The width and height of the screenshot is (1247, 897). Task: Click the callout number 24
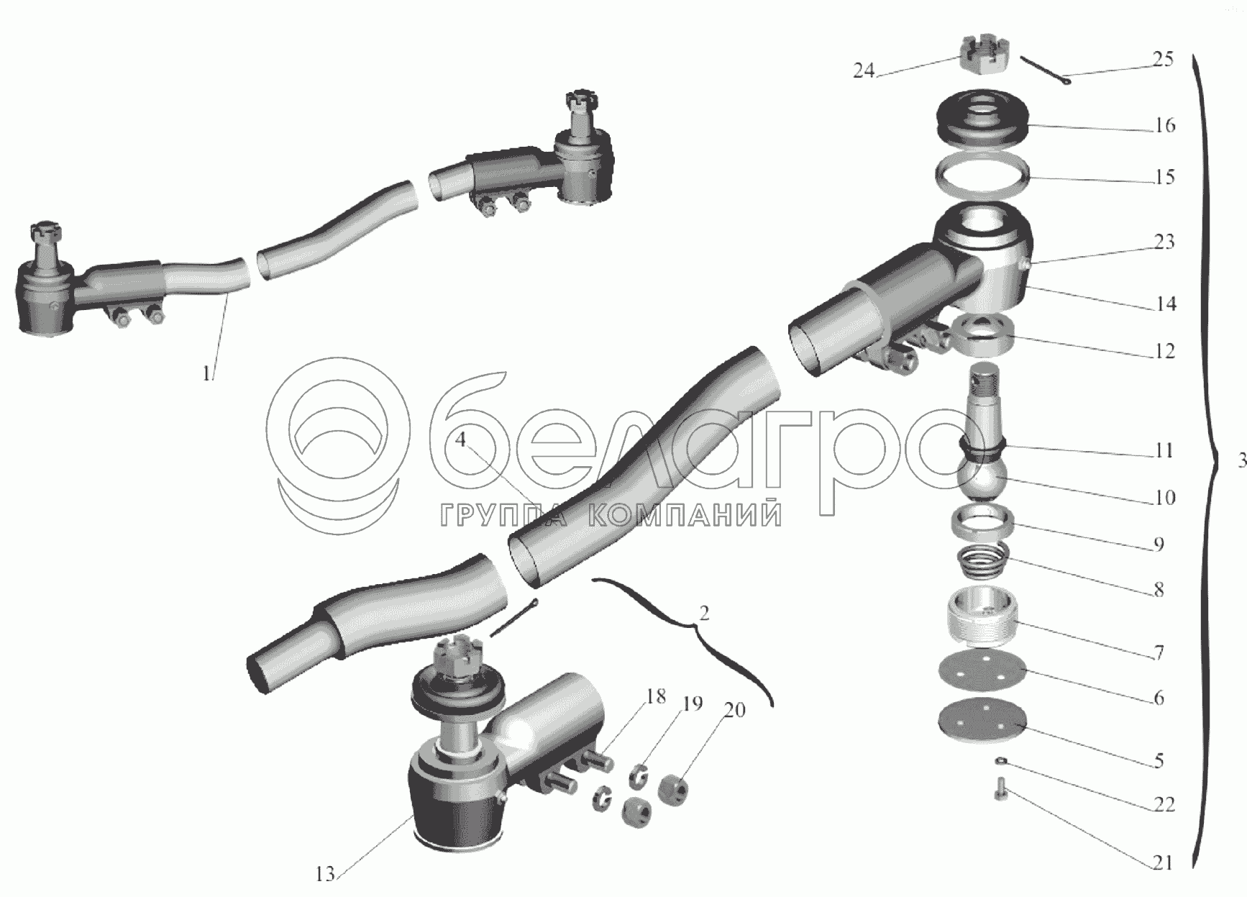pos(864,70)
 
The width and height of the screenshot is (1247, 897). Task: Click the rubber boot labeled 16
pos(984,118)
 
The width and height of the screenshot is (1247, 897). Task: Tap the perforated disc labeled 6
pos(982,670)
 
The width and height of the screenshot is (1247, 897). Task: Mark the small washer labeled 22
pos(1001,760)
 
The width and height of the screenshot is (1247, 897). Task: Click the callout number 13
pos(325,874)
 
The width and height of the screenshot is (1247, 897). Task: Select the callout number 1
pos(207,373)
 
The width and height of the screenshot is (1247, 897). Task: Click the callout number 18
pos(654,696)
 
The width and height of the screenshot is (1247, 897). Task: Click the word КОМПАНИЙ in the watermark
pos(684,514)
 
